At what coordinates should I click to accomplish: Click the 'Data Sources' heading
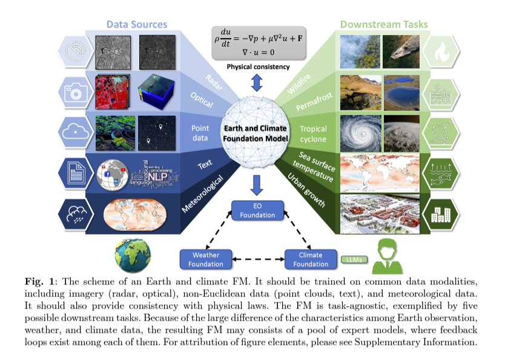[x=137, y=24]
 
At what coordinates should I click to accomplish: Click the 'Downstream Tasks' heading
[x=383, y=24]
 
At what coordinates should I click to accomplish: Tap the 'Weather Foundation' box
[x=206, y=259]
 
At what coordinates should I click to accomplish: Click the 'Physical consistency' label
[x=258, y=67]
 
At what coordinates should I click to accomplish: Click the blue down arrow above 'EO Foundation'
[x=257, y=185]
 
